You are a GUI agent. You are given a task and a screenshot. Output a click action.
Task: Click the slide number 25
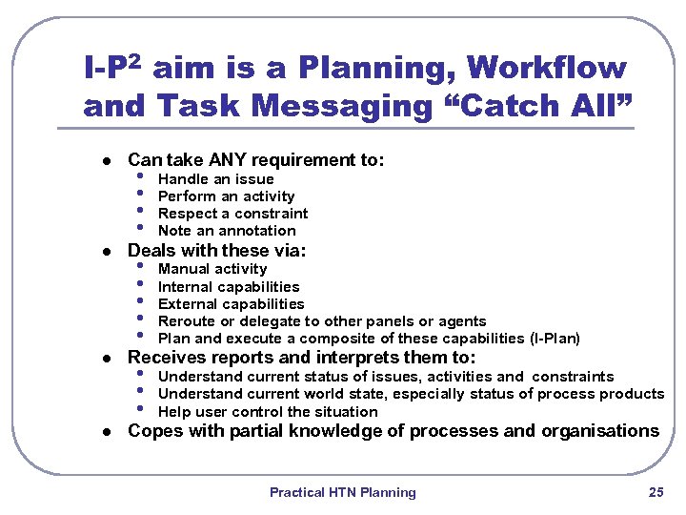coord(656,492)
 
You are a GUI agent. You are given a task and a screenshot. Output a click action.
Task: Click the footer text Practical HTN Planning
coord(342,492)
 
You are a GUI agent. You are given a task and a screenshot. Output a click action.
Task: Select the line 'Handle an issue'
coord(215,179)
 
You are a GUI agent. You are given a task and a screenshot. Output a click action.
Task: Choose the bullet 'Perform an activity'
coord(226,196)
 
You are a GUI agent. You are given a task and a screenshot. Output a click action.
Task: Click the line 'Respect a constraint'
coord(232,214)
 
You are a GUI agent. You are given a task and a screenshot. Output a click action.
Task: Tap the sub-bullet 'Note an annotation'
coord(227,231)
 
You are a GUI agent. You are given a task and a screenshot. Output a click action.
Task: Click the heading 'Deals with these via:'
coord(216,251)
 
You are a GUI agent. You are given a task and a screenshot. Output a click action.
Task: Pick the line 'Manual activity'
coord(212,269)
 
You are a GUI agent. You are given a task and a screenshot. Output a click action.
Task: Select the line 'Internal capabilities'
coord(229,287)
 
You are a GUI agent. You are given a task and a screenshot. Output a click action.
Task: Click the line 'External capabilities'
coord(231,304)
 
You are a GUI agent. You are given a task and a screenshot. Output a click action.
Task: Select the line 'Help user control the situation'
coord(268,412)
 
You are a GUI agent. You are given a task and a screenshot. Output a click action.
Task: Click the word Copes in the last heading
coord(152,431)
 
